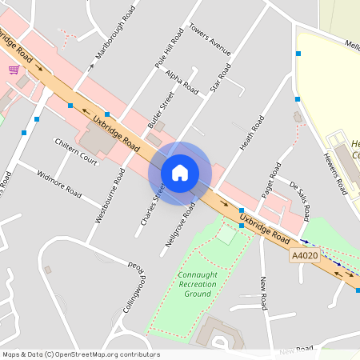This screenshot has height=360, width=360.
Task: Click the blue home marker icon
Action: [x=180, y=173]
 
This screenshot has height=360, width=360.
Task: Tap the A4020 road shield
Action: [x=304, y=255]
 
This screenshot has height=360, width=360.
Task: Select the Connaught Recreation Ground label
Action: [x=192, y=284]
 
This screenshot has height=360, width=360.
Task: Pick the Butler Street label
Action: [x=161, y=110]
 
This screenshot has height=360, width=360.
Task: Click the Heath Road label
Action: [x=252, y=133]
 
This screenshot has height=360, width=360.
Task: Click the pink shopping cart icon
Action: [x=14, y=70]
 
